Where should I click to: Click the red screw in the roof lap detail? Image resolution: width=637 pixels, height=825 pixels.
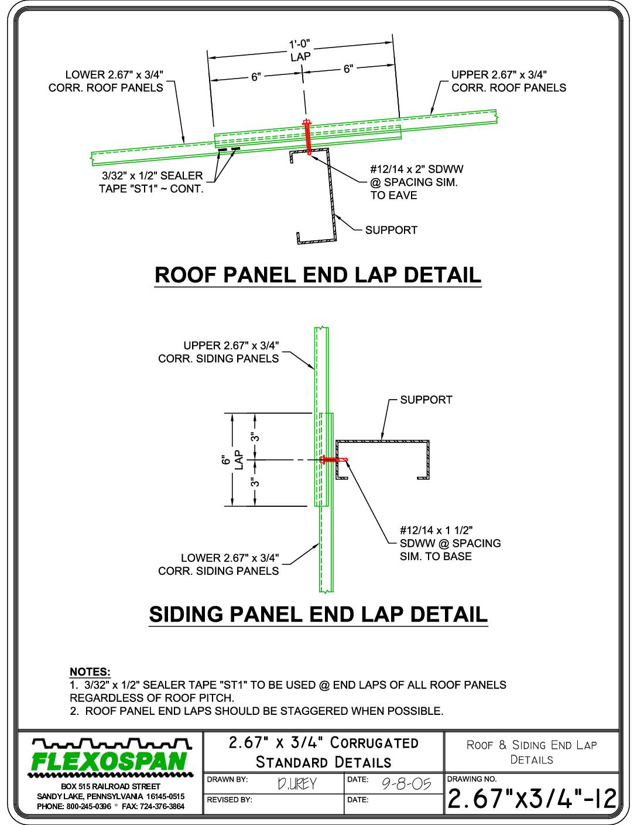307,138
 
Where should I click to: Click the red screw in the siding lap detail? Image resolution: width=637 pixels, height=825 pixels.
334,460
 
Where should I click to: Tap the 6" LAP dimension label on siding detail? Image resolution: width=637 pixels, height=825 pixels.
232,460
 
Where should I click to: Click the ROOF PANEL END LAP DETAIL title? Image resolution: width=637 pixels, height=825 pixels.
318,275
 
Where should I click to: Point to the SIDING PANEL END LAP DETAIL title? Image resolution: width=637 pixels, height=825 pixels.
318,614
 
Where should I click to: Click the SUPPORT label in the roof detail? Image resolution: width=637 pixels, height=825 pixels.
391,230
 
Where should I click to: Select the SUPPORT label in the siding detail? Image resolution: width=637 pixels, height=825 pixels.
426,400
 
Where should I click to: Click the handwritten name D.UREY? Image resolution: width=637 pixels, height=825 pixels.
297,784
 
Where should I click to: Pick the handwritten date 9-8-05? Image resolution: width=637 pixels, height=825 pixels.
406,783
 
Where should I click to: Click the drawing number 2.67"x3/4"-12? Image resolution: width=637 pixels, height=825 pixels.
532,799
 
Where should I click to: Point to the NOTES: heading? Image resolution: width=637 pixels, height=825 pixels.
90,672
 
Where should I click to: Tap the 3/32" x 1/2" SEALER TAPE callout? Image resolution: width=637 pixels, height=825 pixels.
152,182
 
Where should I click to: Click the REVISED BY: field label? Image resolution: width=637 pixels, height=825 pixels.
229,800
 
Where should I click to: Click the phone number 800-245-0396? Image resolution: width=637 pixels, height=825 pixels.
89,806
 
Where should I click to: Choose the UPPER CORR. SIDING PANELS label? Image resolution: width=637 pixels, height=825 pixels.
218,352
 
